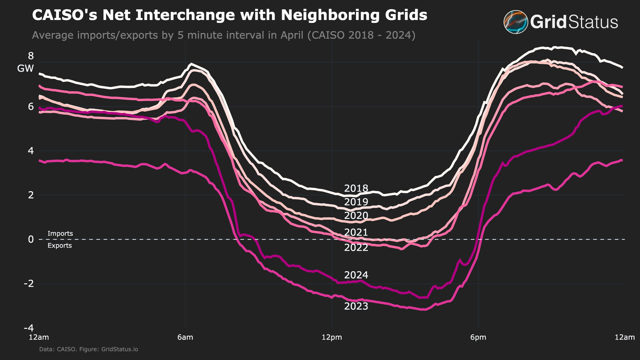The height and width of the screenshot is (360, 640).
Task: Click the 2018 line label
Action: pos(356,188)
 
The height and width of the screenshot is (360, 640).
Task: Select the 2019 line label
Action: pos(356,202)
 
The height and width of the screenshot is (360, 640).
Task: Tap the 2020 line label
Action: pos(356,216)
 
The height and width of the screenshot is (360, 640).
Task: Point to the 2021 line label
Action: pos(356,232)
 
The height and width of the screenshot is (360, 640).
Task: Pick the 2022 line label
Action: pos(356,248)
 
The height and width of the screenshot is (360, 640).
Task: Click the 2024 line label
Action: pos(356,275)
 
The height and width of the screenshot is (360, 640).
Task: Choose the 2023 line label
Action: pos(356,306)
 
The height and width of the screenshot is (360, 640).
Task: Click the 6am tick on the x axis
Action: pos(185,337)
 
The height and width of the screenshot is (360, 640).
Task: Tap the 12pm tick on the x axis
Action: pos(332,337)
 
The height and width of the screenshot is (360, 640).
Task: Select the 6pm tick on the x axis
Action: pos(478,337)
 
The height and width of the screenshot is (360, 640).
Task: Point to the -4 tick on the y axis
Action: pos(28,328)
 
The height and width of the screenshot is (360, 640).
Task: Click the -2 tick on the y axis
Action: pos(28,284)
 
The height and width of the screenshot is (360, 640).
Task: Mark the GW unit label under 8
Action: pos(25,69)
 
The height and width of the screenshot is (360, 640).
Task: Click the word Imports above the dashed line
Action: pos(60,234)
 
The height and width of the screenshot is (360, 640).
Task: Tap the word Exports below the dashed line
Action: pos(60,246)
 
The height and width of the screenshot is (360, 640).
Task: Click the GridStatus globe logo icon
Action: pos(516,22)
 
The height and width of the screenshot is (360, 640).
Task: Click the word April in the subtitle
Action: pos(292,35)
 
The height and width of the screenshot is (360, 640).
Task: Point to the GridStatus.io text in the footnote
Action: pos(120,349)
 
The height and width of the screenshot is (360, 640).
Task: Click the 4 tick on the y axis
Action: pos(30,151)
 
